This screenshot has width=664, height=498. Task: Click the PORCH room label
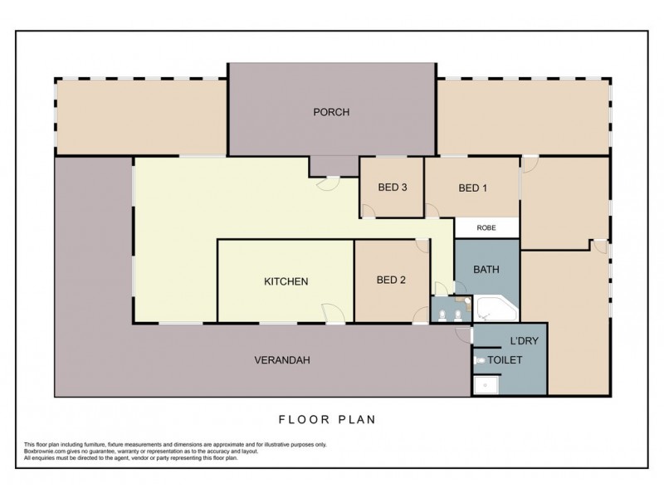click(331, 113)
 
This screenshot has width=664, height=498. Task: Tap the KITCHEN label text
click(286, 281)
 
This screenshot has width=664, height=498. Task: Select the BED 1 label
click(472, 188)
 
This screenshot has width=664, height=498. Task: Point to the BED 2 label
click(391, 281)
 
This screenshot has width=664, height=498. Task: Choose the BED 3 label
click(392, 188)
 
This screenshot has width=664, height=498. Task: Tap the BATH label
click(486, 271)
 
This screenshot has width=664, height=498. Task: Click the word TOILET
click(505, 360)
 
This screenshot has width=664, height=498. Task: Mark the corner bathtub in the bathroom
click(496, 309)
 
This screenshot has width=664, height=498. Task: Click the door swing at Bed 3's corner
click(369, 212)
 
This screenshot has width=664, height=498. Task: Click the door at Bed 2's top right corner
click(422, 246)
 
